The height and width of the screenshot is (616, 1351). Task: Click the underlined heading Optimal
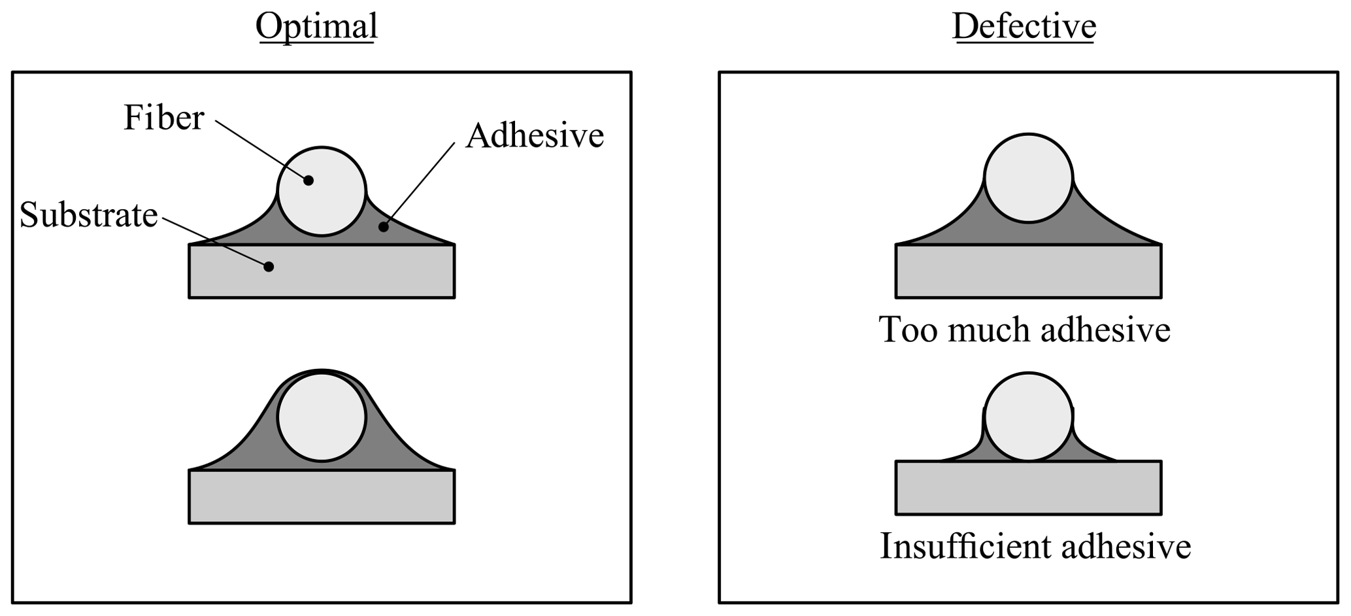tap(316, 27)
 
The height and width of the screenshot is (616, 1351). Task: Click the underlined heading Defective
tap(1024, 27)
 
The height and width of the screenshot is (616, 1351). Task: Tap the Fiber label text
tap(164, 118)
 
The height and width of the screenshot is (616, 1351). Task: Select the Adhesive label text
tap(535, 136)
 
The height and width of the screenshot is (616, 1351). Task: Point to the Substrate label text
tap(89, 214)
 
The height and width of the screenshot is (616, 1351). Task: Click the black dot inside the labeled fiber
tap(309, 180)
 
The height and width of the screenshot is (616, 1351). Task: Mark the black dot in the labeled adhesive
tap(384, 227)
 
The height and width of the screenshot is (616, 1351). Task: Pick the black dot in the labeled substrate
tap(268, 266)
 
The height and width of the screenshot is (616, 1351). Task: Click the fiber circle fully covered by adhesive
tap(322, 417)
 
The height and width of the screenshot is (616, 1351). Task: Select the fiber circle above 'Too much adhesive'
tap(1028, 178)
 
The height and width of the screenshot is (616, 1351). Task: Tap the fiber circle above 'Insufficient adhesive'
tap(1028, 417)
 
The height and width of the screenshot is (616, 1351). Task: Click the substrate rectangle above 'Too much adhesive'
tap(1028, 271)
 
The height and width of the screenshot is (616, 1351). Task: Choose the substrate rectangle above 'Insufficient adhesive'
tap(1028, 488)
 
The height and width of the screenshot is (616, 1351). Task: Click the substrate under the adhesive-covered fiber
tap(322, 497)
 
